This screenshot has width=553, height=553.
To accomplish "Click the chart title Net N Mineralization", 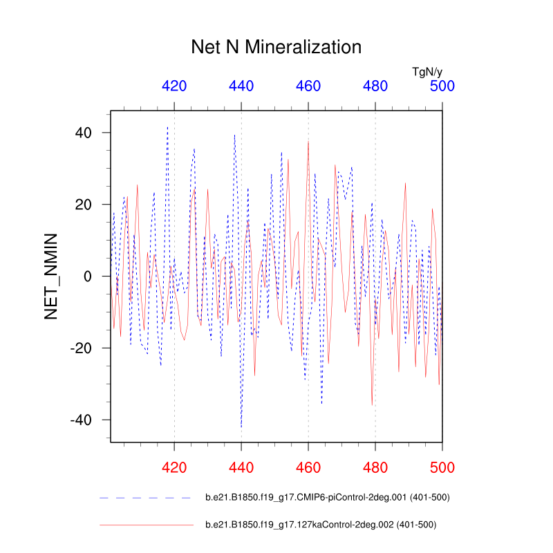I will click(x=276, y=47).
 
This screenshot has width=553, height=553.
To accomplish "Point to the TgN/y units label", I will click(x=427, y=71).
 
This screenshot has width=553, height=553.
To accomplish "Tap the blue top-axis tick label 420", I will click(x=174, y=86).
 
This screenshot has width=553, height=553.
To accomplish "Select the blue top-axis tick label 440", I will click(x=241, y=86).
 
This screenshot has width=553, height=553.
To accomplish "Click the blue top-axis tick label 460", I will click(x=308, y=86).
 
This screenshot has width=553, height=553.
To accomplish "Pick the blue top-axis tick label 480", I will click(x=375, y=86).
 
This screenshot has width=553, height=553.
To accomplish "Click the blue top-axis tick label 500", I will click(x=442, y=86).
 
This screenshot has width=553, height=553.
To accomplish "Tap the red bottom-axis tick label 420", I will click(x=174, y=468).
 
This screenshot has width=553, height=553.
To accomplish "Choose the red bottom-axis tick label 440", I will click(x=241, y=468).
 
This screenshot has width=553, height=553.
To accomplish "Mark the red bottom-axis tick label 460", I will click(x=308, y=468).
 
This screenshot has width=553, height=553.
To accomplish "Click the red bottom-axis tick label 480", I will click(x=375, y=468).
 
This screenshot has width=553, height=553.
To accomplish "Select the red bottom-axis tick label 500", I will click(x=442, y=468).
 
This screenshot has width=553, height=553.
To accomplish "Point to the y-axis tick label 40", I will click(x=84, y=133).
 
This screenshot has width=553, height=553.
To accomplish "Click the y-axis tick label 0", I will click(x=88, y=276).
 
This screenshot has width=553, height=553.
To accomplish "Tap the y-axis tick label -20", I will click(x=80, y=348).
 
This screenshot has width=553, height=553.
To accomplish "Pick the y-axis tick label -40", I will click(x=80, y=420).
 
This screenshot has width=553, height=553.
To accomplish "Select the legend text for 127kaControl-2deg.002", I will click(x=321, y=525).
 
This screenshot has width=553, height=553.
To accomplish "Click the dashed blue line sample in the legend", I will click(x=146, y=498).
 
